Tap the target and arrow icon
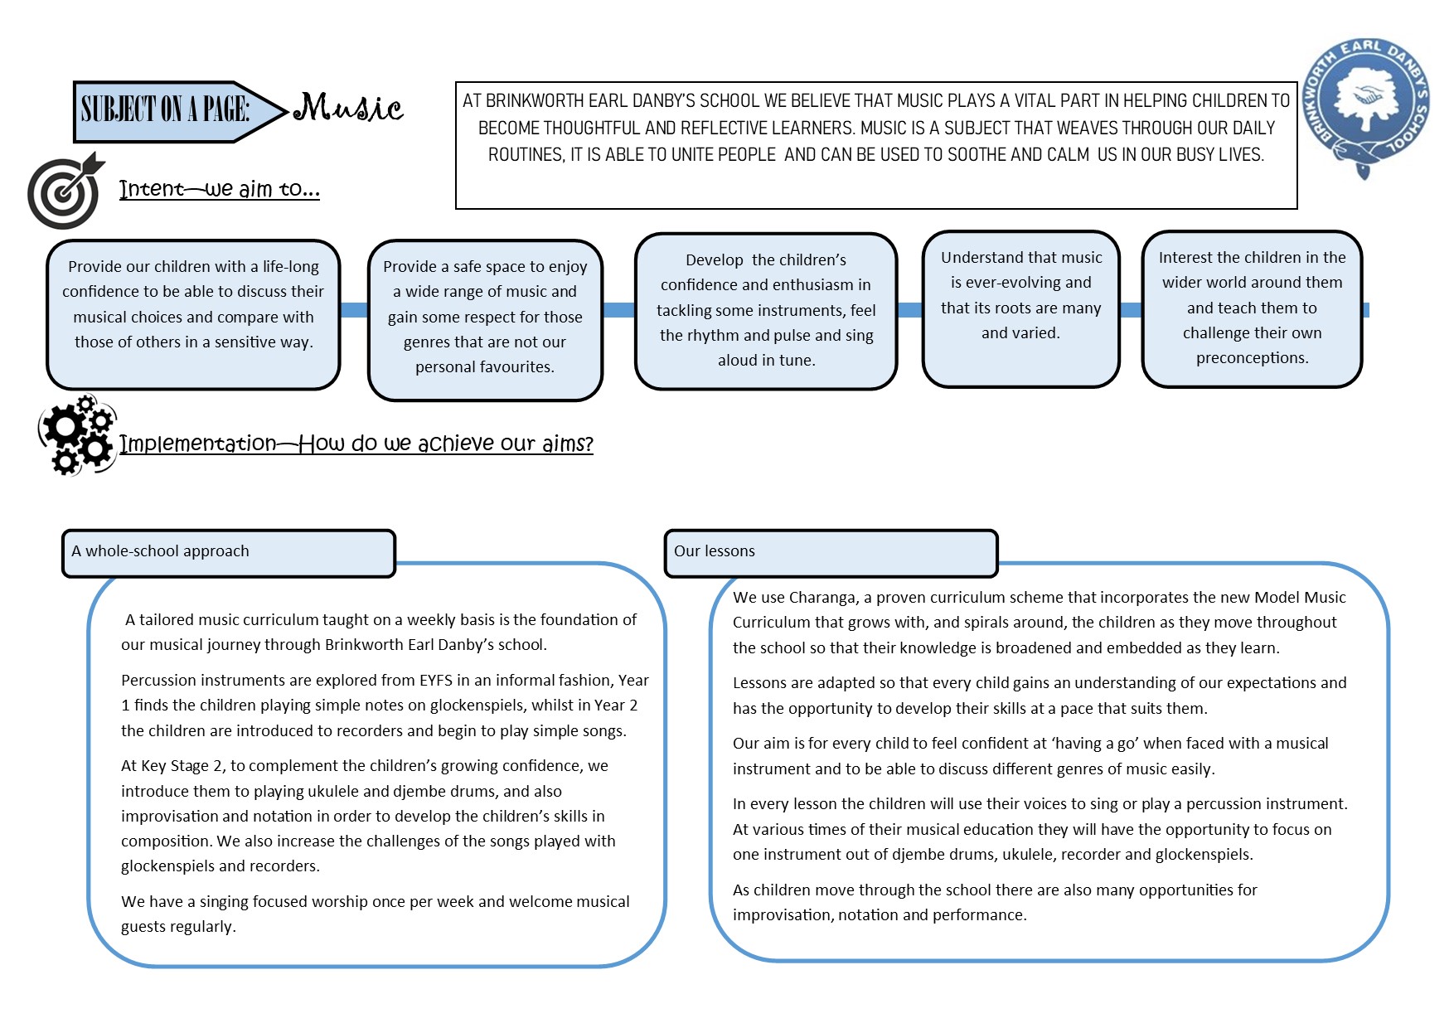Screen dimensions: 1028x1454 (65, 192)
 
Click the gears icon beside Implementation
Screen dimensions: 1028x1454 (77, 435)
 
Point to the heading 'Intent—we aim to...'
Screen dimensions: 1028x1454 (219, 189)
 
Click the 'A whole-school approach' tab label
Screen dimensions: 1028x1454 (160, 551)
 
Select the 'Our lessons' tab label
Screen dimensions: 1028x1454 (715, 551)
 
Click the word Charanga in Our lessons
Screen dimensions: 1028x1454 (822, 598)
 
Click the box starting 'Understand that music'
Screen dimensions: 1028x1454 (1020, 308)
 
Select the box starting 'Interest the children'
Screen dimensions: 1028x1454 (1252, 308)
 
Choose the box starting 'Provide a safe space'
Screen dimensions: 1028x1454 (485, 319)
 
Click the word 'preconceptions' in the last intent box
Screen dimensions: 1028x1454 (1251, 358)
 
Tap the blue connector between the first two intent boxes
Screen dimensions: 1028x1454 (354, 310)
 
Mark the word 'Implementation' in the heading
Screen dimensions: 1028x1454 (197, 444)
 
